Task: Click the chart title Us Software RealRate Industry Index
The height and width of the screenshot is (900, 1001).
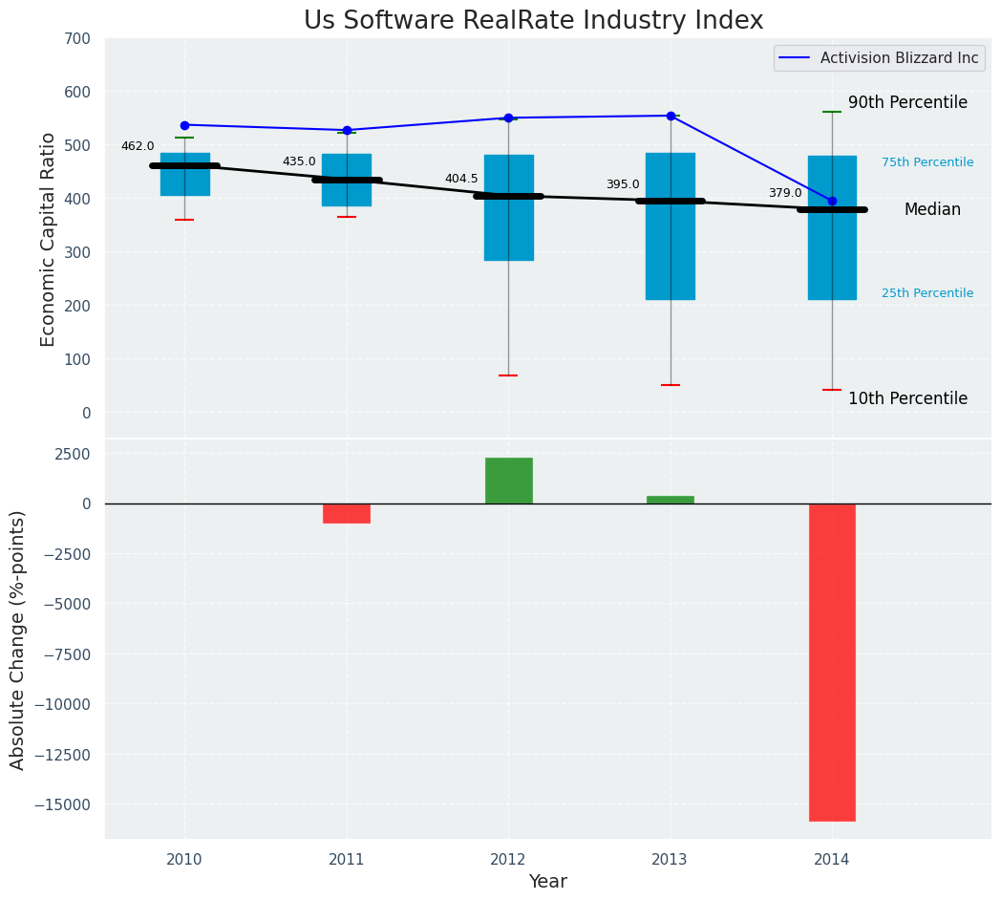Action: (x=533, y=21)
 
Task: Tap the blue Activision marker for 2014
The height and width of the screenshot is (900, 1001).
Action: (x=832, y=201)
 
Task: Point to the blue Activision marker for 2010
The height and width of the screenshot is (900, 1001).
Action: (x=184, y=125)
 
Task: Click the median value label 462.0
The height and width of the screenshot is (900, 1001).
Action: (x=138, y=146)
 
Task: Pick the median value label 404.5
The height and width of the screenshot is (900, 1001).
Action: (x=461, y=179)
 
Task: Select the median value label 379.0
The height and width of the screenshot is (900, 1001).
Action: (x=785, y=193)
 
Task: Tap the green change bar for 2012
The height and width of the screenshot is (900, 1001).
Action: (x=508, y=481)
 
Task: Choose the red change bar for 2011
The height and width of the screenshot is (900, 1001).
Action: (x=346, y=513)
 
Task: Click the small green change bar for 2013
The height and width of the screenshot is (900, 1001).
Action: (x=670, y=500)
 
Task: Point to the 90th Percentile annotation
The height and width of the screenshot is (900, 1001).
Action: (x=907, y=102)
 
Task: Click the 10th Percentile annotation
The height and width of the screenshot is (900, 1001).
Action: (x=907, y=398)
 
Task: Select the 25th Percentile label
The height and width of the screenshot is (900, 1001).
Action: (x=927, y=293)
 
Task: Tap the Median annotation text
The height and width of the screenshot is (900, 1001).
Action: (x=932, y=209)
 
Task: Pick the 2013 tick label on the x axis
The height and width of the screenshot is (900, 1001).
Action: (x=670, y=860)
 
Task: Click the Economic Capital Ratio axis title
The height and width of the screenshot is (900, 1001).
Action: (x=49, y=238)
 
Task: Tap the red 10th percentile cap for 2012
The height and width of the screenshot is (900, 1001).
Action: (x=508, y=375)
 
